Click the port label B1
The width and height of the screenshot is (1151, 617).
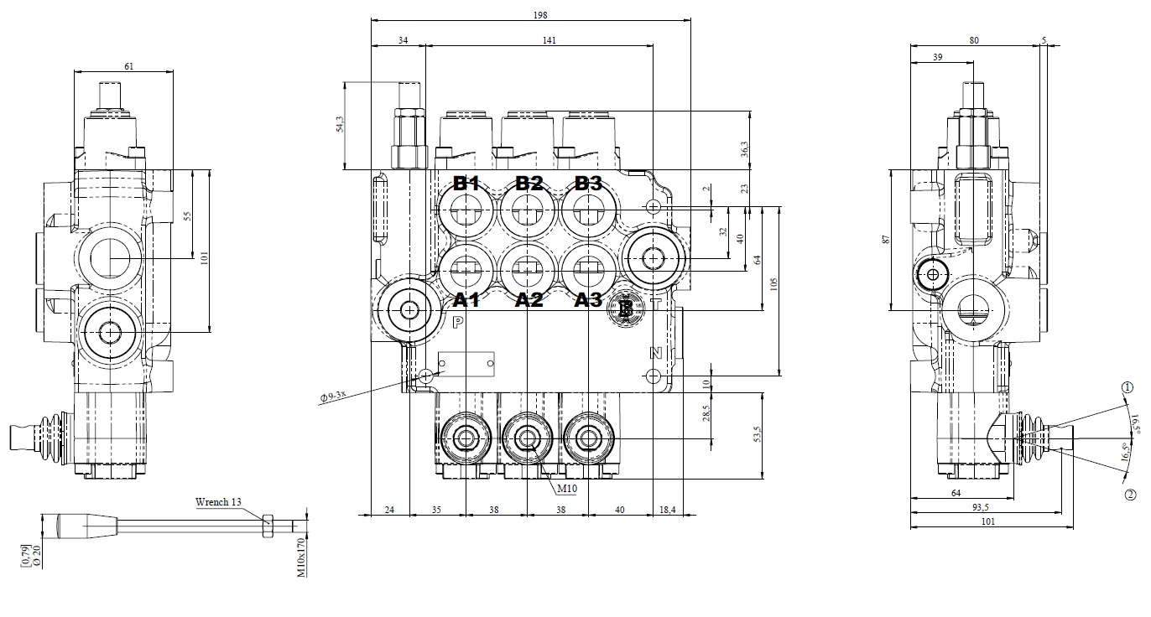tap(466, 184)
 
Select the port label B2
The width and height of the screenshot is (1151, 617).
tap(529, 184)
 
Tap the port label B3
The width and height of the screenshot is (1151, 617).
tap(589, 184)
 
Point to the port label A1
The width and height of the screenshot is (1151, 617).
tap(466, 300)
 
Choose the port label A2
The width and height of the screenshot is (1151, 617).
tap(529, 300)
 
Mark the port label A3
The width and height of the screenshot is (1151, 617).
tap(589, 300)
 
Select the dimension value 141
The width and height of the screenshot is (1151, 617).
tap(549, 39)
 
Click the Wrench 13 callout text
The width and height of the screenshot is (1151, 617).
tap(218, 502)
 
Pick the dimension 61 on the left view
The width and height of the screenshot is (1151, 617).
tap(128, 65)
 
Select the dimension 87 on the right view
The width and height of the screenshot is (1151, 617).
tap(886, 240)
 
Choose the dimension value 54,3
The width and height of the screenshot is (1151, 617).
tap(340, 124)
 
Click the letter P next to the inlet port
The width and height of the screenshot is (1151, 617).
tap(458, 323)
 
